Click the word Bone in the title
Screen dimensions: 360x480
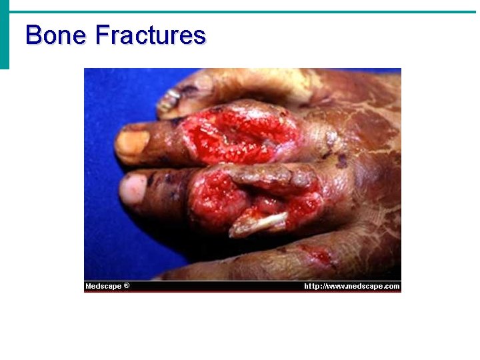(56, 35)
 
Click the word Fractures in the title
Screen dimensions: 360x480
(151, 35)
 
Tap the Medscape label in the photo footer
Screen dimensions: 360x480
(103, 287)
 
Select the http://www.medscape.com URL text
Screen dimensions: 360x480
(351, 287)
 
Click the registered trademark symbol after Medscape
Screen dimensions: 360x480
(127, 286)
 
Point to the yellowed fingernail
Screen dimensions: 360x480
(131, 145)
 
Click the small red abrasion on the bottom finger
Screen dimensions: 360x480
(317, 255)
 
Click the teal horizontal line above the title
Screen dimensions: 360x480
(240, 12)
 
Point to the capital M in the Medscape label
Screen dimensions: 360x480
(89, 287)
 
